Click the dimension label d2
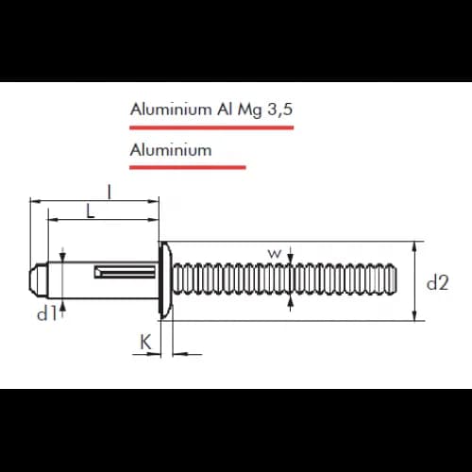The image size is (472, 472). pos(437,282)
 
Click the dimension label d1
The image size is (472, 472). pos(47,313)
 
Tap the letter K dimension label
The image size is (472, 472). pos(145,342)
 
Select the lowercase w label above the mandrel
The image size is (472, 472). pos(275,253)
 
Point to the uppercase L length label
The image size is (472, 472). pos(91,211)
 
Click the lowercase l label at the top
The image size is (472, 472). pos(110,192)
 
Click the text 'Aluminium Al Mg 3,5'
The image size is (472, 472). pos(211,110)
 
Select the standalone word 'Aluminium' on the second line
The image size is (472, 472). pos(171,150)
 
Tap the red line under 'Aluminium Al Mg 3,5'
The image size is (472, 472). pos(211,127)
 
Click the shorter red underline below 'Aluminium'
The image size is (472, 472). pos(188,167)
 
